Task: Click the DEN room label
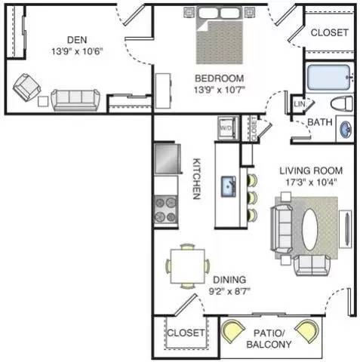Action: click(77, 40)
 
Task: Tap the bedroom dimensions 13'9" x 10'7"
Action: click(220, 90)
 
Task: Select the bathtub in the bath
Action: click(329, 77)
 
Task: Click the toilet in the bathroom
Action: click(342, 103)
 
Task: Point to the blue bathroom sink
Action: click(346, 129)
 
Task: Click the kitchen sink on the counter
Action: click(229, 186)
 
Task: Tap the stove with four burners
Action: click(165, 210)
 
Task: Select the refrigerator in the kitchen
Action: click(168, 158)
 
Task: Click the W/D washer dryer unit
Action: click(227, 127)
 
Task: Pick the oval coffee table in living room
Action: click(309, 229)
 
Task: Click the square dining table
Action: click(187, 266)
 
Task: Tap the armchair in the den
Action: click(26, 87)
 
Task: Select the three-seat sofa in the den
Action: click(75, 100)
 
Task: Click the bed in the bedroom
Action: click(220, 35)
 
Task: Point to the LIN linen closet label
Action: click(299, 104)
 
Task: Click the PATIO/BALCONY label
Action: click(269, 339)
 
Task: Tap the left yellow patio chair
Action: click(232, 331)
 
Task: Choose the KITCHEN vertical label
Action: click(197, 179)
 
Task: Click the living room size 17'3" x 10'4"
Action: click(311, 182)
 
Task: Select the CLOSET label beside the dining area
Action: click(186, 333)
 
